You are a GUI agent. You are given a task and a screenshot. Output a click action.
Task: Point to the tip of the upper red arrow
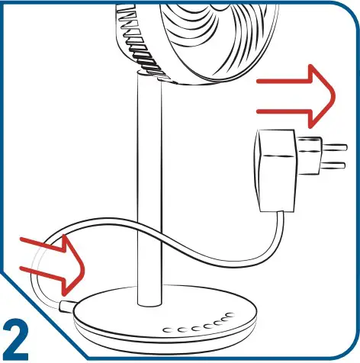(334, 95)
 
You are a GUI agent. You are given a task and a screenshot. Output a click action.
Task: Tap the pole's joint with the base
(149, 297)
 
